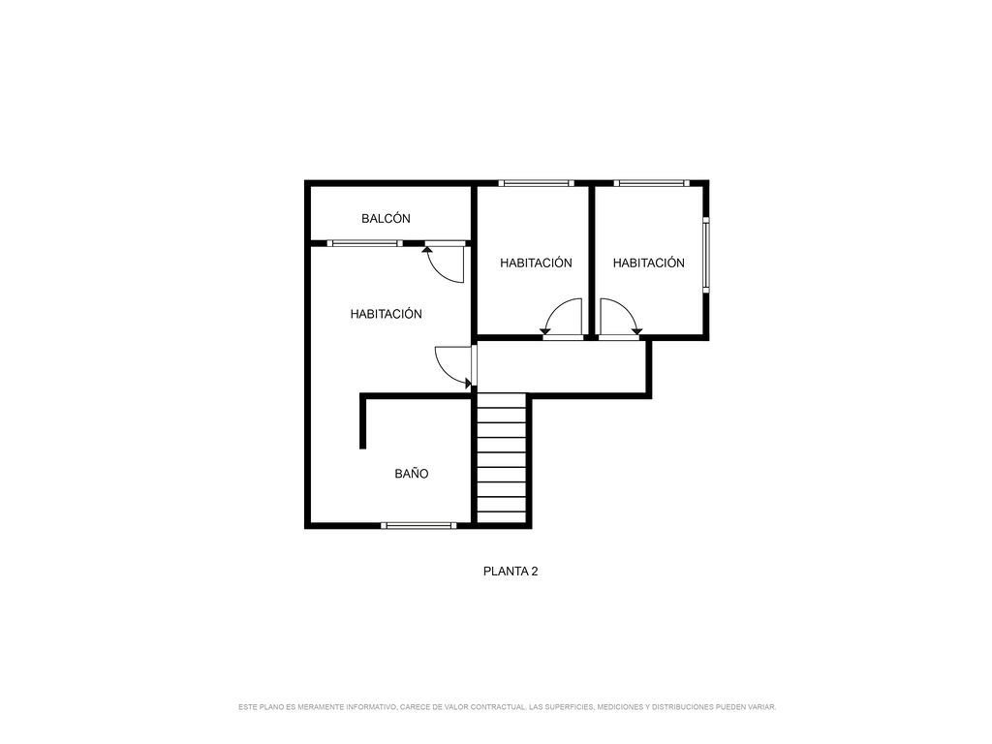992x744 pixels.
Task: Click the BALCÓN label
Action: click(386, 219)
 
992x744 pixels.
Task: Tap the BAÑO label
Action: click(411, 473)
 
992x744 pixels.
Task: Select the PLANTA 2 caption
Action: click(511, 572)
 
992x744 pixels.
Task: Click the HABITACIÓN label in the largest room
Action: click(386, 314)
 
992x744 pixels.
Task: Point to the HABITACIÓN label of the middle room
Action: click(536, 263)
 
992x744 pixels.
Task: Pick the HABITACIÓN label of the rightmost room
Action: click(648, 263)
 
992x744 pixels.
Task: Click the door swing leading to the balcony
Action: click(446, 263)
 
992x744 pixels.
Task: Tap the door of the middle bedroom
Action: click(562, 317)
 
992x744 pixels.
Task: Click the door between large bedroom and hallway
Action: click(453, 367)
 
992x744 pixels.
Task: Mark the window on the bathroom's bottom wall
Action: click(418, 525)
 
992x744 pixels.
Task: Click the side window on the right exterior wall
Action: click(706, 255)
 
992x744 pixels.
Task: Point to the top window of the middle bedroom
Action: click(536, 183)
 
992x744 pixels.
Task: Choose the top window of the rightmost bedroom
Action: click(651, 183)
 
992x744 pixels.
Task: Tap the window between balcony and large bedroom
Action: click(365, 243)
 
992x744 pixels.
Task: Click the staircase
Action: click(501, 458)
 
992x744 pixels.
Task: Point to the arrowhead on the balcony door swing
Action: click(427, 249)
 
